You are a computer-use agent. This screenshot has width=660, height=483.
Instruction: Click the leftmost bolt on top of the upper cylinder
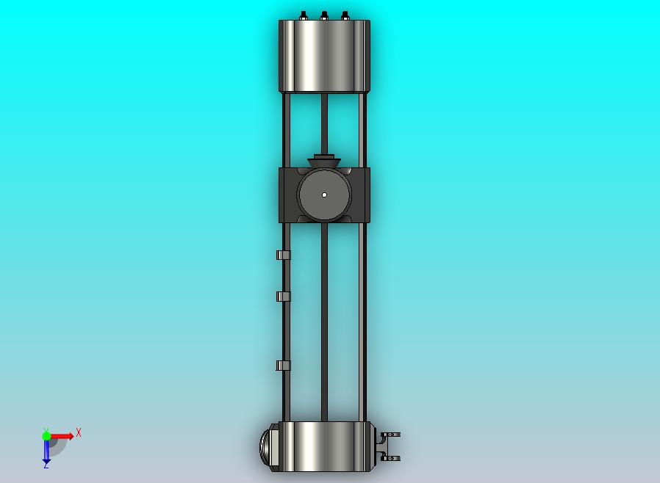pos(303,15)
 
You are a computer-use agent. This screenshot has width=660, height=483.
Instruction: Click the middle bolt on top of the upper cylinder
pos(324,15)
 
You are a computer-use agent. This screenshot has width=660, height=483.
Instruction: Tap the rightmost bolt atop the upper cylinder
pos(345,15)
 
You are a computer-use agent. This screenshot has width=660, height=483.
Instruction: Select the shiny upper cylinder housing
pos(324,56)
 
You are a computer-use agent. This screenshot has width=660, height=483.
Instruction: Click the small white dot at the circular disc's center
pos(324,195)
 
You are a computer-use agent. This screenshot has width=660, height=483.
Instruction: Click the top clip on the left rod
pos(283,255)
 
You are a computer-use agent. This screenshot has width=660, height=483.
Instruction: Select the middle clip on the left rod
pos(283,297)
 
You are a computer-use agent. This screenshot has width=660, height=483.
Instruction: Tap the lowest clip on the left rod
pos(283,366)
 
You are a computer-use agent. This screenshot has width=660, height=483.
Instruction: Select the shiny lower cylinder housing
pos(324,446)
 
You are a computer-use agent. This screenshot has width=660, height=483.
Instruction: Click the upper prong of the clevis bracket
pos(391,435)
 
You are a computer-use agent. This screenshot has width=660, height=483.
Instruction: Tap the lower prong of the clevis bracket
pos(391,458)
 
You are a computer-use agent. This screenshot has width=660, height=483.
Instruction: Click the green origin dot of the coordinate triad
pos(46,436)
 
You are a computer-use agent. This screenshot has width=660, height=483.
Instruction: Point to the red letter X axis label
pos(79,433)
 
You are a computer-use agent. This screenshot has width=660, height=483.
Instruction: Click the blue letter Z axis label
pos(46,465)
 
